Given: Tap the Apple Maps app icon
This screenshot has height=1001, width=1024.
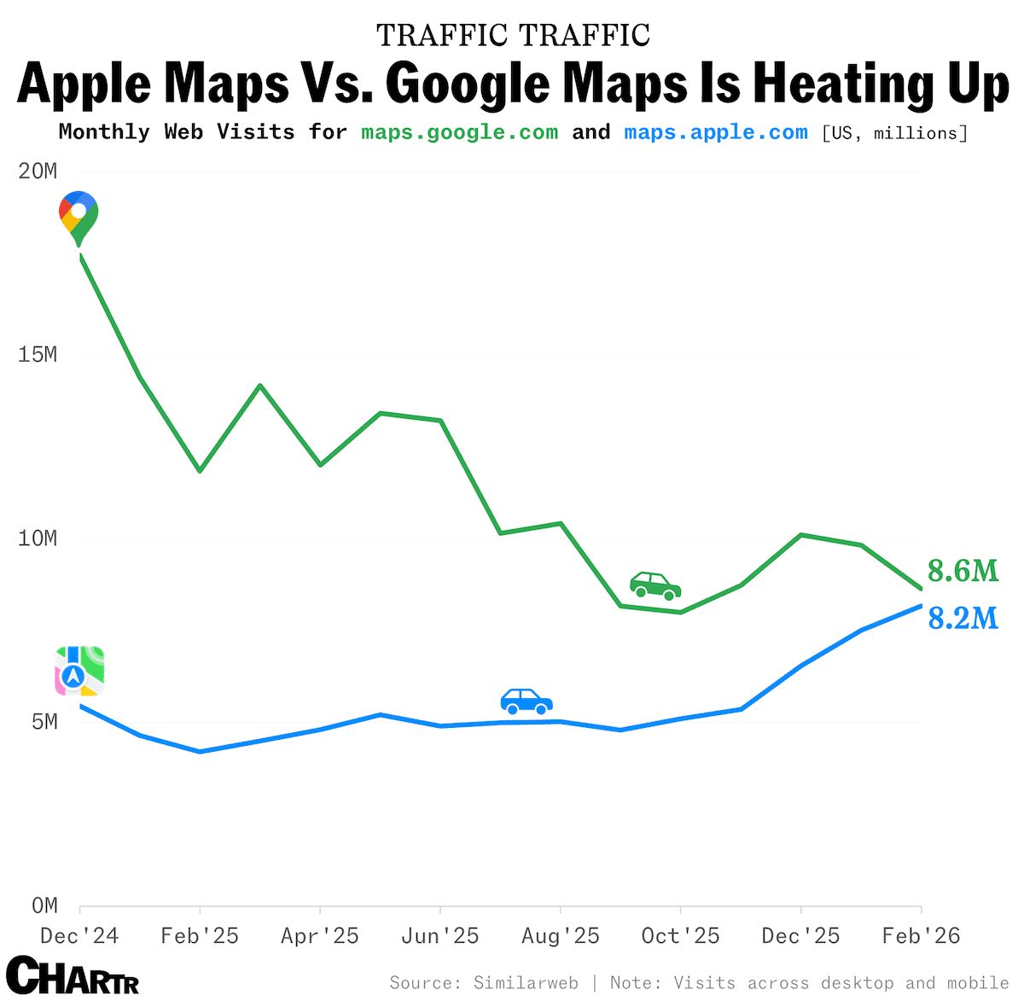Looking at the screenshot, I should [79, 671].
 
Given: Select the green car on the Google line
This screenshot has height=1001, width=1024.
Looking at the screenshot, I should [655, 585].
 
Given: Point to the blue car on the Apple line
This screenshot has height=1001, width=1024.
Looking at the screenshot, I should [527, 701].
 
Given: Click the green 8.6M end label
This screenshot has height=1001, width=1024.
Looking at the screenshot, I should [963, 571].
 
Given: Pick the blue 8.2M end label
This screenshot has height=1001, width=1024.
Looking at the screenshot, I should [963, 618].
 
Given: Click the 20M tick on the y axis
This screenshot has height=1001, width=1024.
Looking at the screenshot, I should [38, 172].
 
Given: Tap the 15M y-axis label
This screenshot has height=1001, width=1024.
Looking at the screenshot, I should [38, 355].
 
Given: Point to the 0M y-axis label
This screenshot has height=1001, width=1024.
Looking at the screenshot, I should [44, 905].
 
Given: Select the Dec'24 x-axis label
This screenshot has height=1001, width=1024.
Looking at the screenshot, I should [79, 936].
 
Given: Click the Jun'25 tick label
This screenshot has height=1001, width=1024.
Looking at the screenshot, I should [439, 936].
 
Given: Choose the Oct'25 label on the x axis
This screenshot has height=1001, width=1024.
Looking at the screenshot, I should [680, 936].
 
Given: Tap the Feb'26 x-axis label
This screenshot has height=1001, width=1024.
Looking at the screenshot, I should [921, 936].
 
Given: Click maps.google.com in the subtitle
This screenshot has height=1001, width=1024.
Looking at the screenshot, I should [459, 132].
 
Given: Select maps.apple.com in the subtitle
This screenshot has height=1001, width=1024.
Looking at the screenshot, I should [715, 132].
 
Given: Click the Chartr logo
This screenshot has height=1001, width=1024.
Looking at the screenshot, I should [73, 975].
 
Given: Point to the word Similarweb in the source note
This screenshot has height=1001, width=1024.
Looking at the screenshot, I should [526, 983].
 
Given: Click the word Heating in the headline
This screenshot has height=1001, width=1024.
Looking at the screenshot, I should [838, 84].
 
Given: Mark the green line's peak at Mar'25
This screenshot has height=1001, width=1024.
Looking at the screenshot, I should [260, 386].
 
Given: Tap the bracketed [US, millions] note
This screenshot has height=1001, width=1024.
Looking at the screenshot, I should [894, 133].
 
